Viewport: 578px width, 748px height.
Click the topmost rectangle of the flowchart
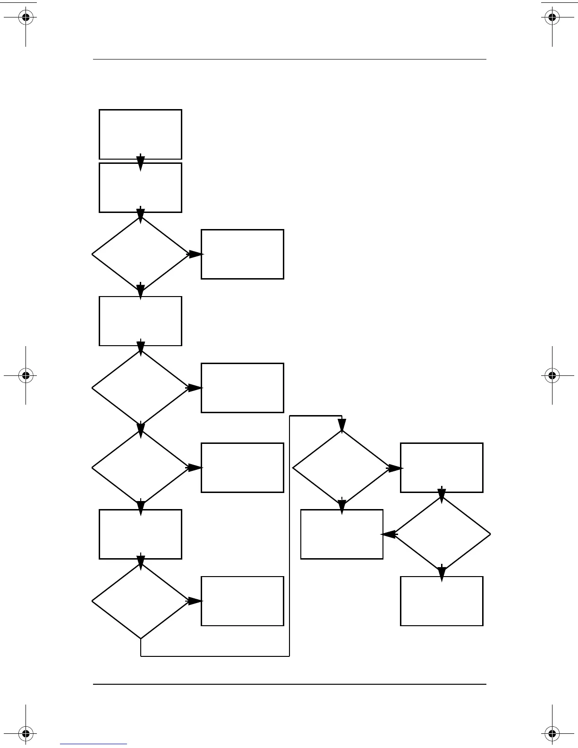140,134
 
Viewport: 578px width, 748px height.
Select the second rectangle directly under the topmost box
140,187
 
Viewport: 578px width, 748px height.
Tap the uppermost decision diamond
140,254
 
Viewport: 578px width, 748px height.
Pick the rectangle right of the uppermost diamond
242,254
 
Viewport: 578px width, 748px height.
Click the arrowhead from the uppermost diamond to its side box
195,254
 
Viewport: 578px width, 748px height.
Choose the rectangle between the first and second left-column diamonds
140,321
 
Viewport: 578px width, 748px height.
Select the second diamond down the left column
140,388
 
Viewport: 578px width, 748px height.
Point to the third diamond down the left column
140,467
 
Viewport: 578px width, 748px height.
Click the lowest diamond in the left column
140,601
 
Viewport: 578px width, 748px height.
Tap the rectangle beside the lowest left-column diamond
242,601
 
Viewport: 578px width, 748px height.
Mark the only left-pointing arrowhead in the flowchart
388,535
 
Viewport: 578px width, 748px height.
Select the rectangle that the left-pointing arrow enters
341,534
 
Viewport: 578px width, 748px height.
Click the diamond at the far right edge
442,534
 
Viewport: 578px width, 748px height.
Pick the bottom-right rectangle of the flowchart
442,601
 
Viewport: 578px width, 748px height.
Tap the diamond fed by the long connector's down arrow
341,468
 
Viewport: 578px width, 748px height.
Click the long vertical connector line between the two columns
289,536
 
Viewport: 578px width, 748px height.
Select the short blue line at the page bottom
93,744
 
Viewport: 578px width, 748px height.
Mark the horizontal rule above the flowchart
289,59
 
